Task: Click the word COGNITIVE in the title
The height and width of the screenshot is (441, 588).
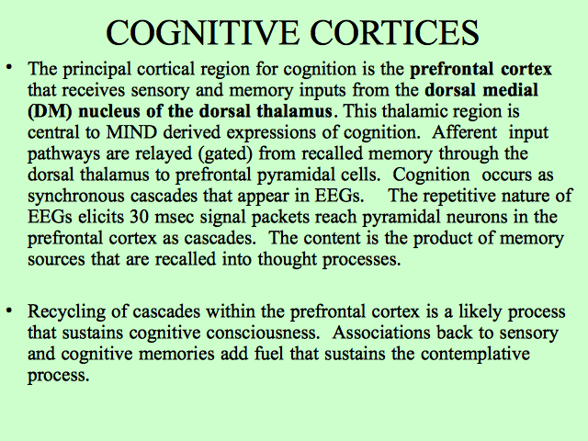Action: [x=202, y=33]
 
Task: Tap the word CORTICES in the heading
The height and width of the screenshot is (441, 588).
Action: [x=395, y=33]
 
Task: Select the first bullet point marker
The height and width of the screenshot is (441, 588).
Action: [x=9, y=67]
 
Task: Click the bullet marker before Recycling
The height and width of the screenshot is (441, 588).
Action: [x=9, y=311]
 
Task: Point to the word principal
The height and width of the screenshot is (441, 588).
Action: [x=96, y=70]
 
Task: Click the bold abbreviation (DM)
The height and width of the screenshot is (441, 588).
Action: [x=50, y=112]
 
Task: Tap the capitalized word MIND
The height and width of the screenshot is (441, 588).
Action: [x=131, y=132]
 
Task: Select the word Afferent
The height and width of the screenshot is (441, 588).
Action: [x=464, y=132]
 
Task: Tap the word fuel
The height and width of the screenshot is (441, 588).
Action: [x=268, y=354]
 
